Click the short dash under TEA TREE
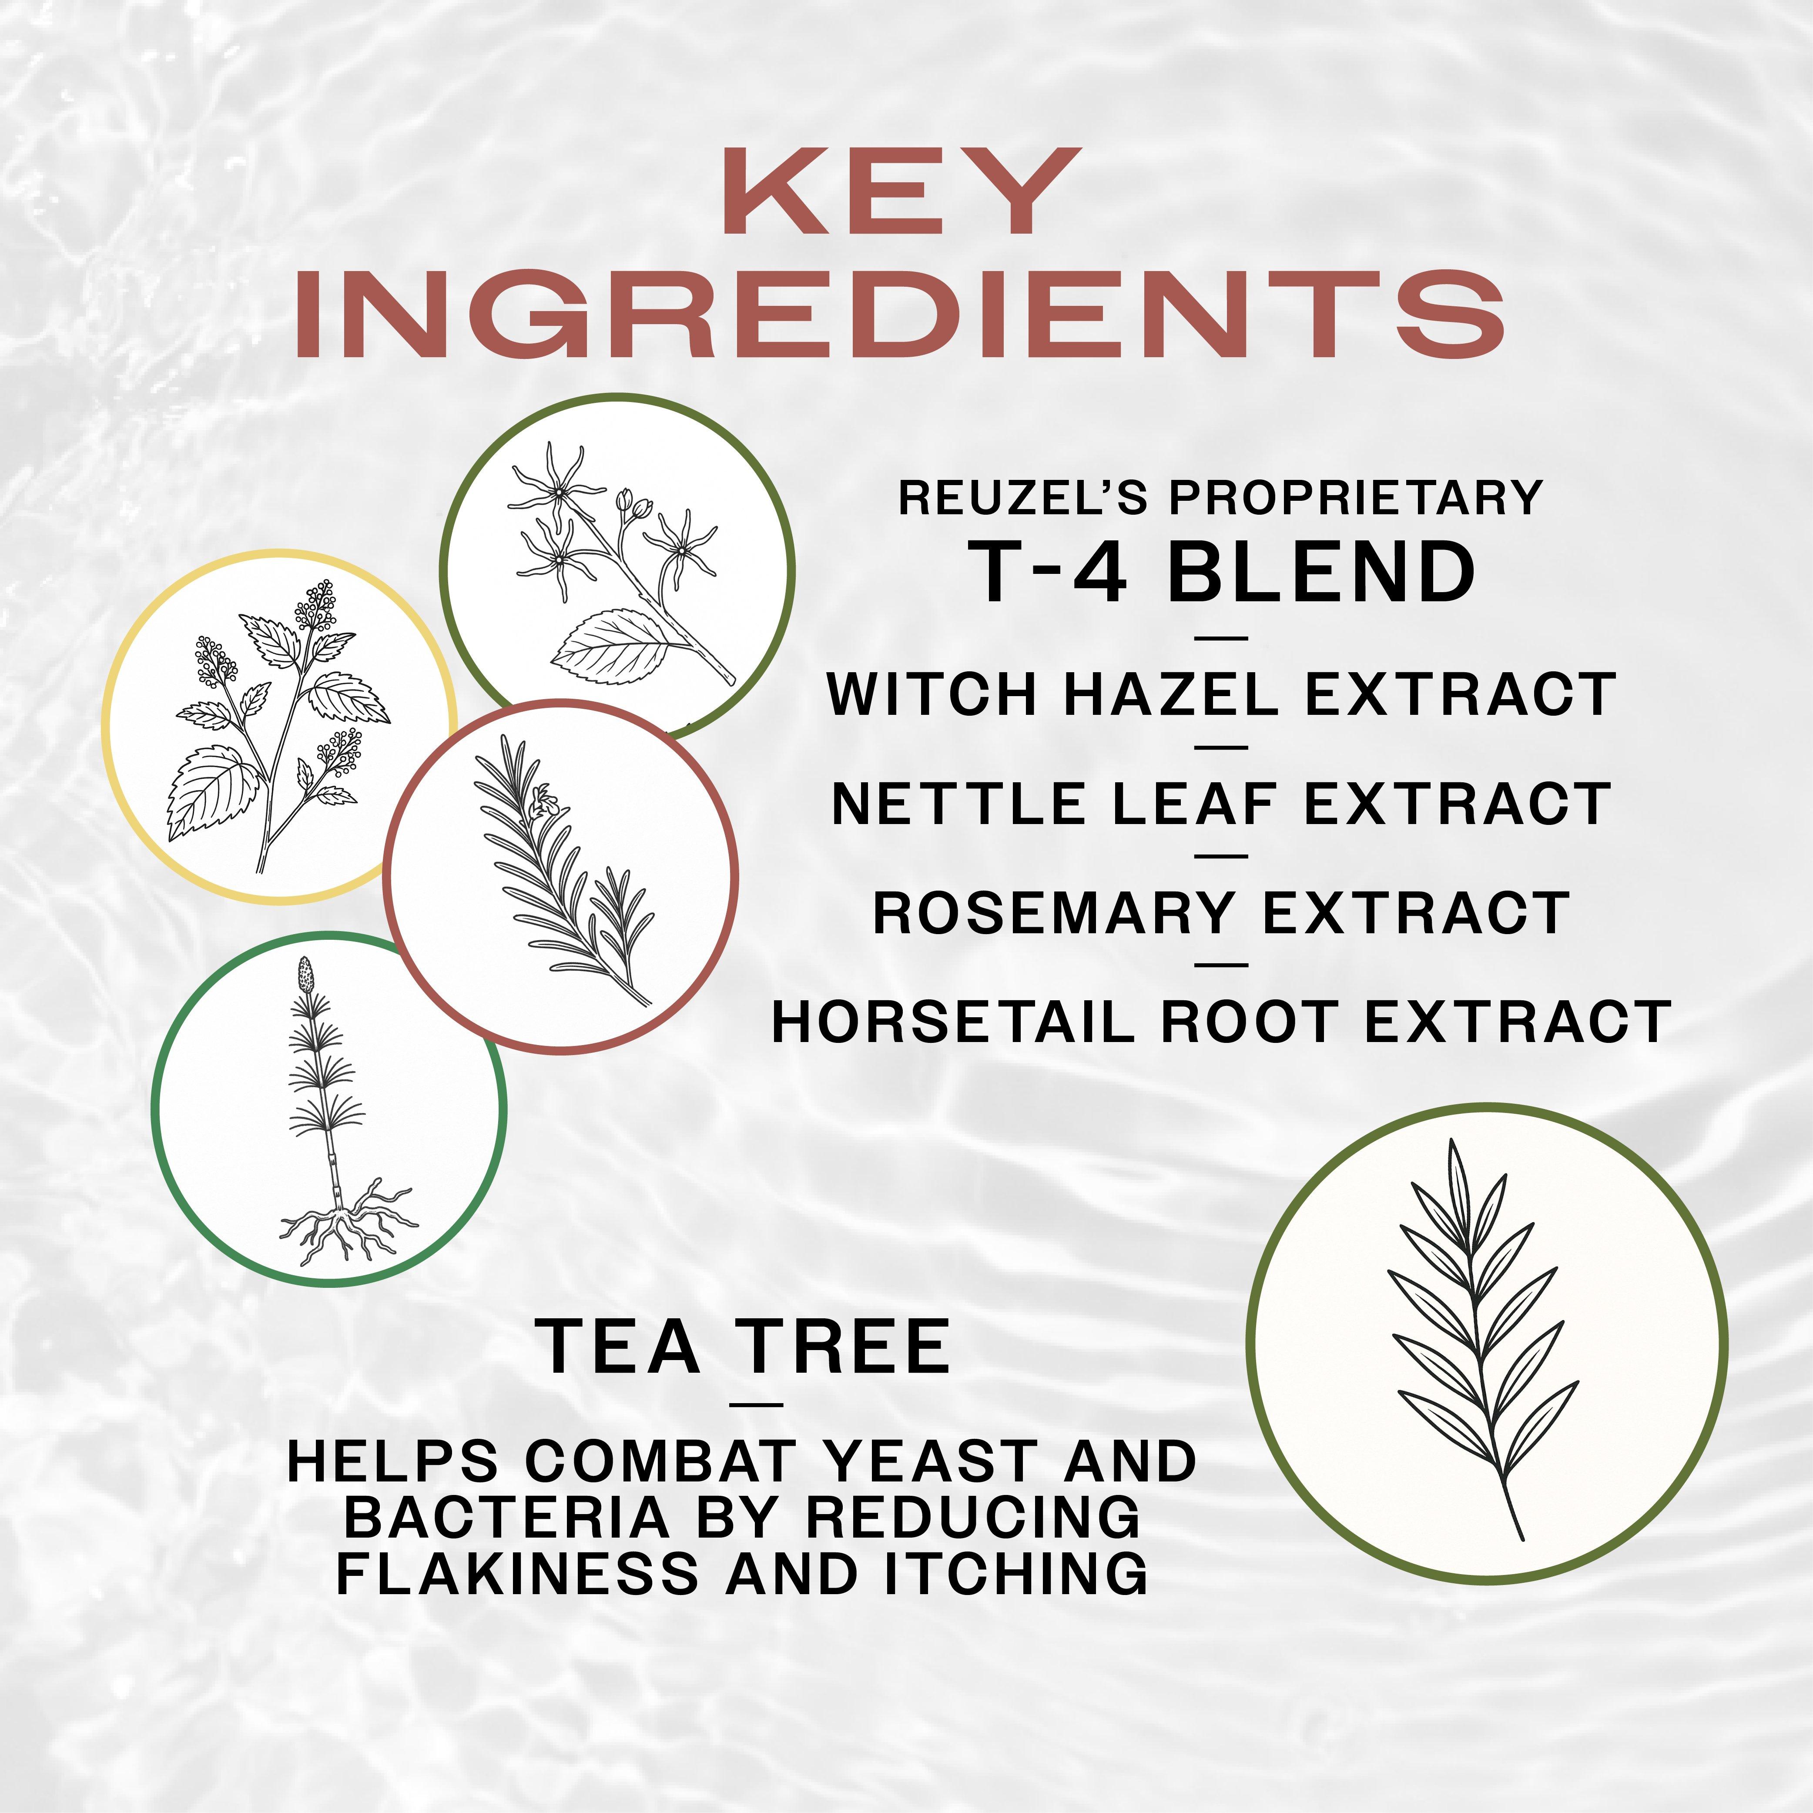coord(755,1404)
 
